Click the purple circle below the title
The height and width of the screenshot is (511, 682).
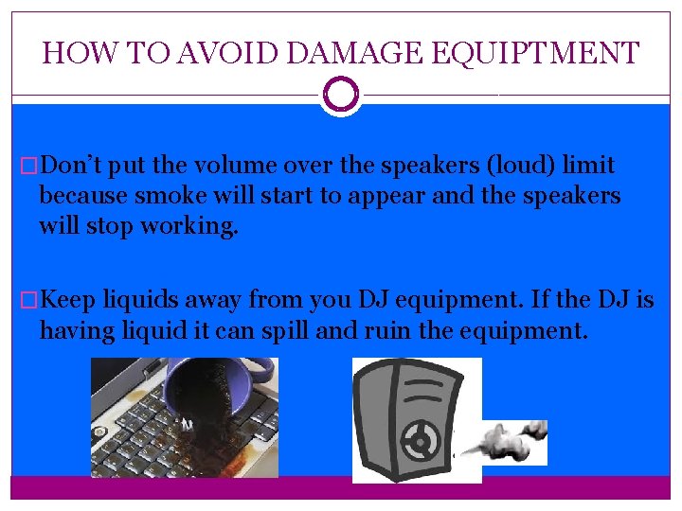click(x=341, y=95)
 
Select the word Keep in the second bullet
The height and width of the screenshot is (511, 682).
click(x=68, y=301)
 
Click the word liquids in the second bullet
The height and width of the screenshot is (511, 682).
click(x=140, y=301)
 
